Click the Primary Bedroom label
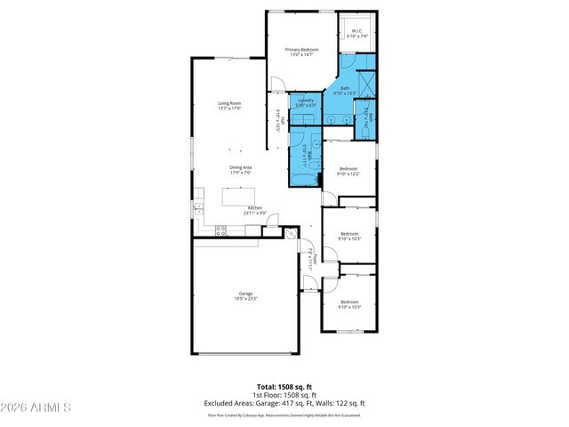[301, 52]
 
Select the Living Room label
[230, 106]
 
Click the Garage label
[245, 296]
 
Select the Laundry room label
[306, 102]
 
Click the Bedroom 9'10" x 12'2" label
[348, 171]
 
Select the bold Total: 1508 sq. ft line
[284, 387]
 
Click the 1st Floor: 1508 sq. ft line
[284, 395]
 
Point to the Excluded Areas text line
[284, 403]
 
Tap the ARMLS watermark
[36, 407]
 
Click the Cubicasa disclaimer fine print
[284, 415]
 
